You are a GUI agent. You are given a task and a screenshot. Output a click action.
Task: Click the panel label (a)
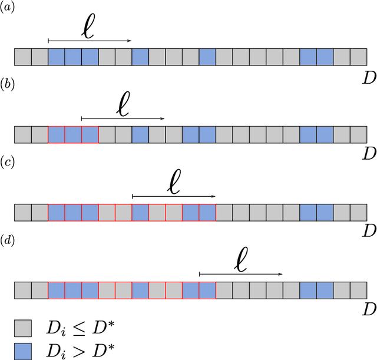point(8,8)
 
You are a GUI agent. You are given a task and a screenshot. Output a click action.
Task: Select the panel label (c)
point(8,163)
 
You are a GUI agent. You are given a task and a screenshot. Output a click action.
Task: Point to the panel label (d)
point(8,242)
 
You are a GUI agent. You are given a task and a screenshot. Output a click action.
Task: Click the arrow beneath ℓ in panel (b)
point(123,118)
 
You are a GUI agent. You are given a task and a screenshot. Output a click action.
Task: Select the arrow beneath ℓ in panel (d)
point(240,274)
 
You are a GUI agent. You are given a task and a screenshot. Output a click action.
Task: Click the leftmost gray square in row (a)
point(22,57)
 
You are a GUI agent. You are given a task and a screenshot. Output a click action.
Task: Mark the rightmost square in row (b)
point(359,134)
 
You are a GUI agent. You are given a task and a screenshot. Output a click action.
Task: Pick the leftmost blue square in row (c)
point(57,212)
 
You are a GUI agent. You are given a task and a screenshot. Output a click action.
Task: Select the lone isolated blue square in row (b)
point(140,134)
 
